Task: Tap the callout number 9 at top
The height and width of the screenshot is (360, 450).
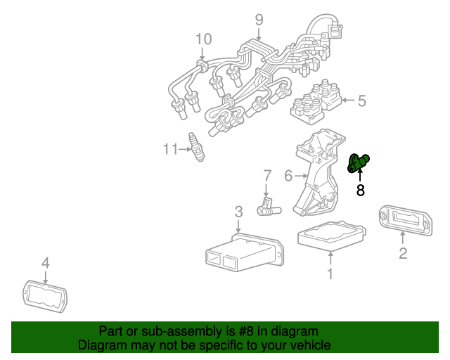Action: point(259,19)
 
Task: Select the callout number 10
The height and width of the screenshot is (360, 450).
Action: point(203,39)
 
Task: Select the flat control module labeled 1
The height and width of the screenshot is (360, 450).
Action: point(330,235)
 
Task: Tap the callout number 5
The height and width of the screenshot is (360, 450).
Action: point(361,101)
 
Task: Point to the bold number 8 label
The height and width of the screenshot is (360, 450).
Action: point(361,190)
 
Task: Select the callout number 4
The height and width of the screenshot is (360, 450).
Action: point(46,263)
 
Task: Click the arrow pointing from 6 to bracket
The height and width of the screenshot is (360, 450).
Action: point(301,176)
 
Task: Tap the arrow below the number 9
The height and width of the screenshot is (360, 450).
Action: point(259,34)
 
